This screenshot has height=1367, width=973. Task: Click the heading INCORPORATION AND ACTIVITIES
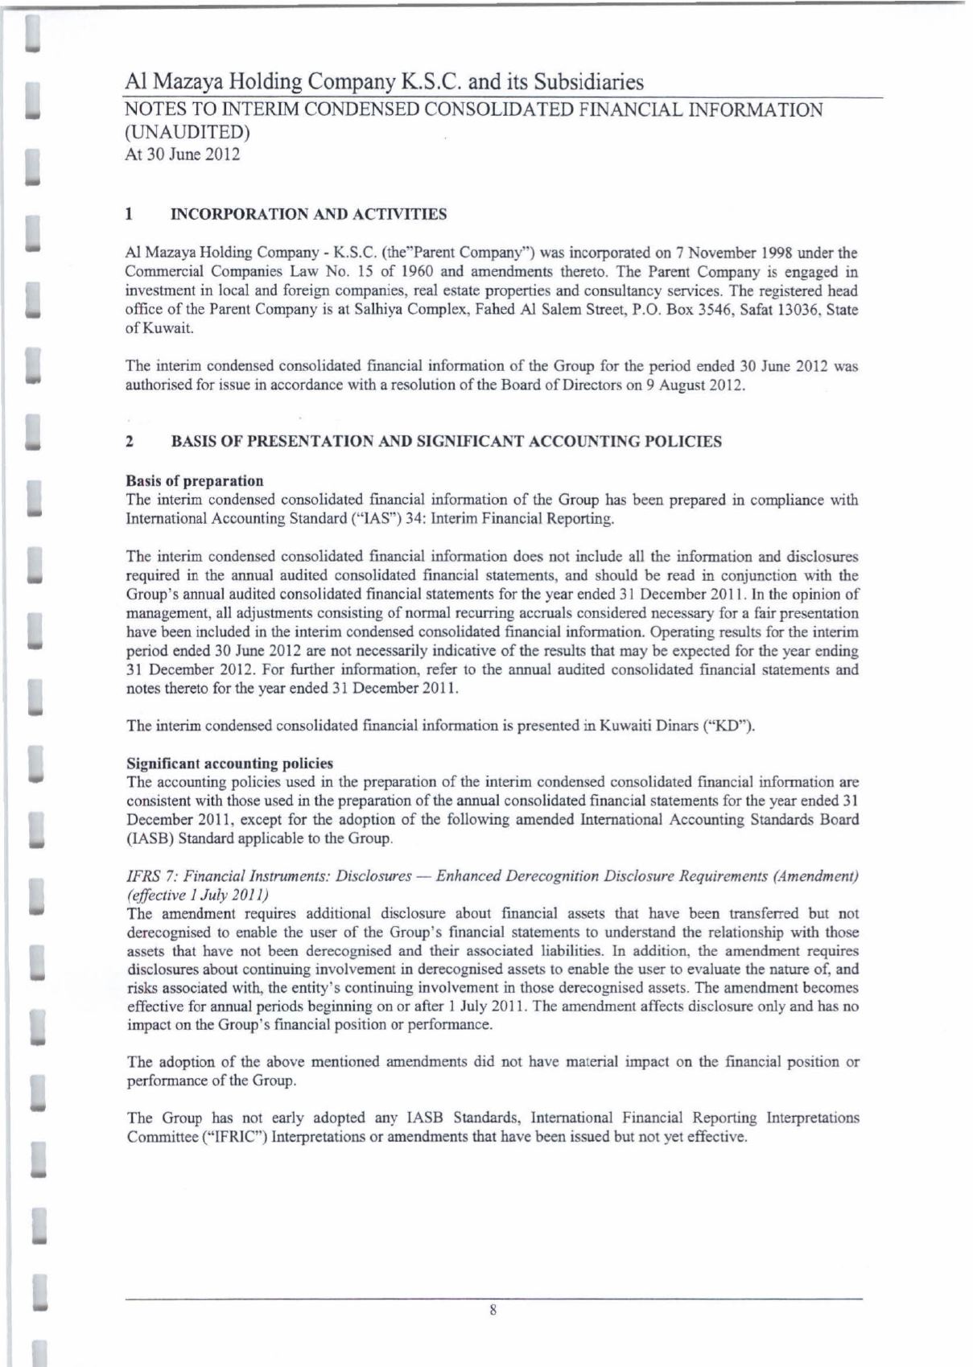tap(310, 215)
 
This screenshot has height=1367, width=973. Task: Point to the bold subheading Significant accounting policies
tap(230, 763)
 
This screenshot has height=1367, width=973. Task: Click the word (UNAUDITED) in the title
tap(188, 132)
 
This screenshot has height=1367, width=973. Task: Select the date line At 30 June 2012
tap(182, 154)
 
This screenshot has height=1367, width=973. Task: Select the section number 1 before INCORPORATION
tap(129, 215)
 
